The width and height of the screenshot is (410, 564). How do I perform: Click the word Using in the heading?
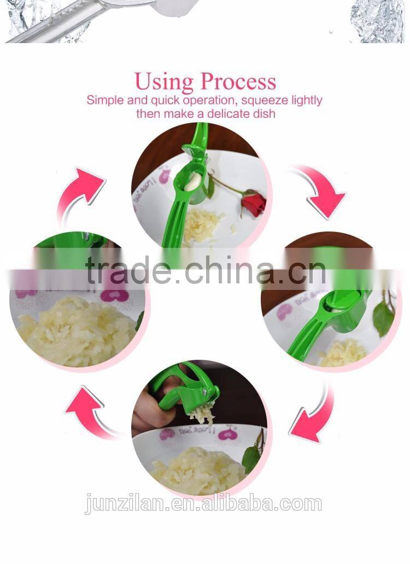(x=164, y=82)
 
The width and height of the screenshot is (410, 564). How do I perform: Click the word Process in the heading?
(x=238, y=82)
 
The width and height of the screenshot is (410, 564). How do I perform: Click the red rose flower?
(x=253, y=203)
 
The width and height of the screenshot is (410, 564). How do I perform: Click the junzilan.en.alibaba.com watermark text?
(x=203, y=503)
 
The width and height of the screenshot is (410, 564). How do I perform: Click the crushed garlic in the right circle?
(x=342, y=352)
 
